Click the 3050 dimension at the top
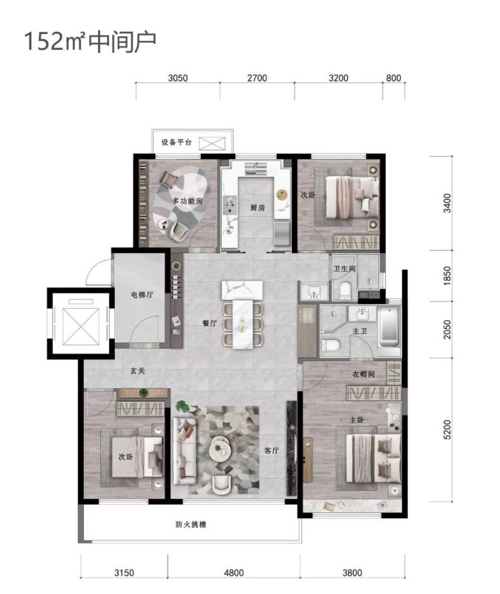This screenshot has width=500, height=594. [178, 78]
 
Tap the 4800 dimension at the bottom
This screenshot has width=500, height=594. [234, 572]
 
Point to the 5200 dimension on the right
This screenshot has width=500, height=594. [447, 430]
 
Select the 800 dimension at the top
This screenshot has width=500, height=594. [393, 78]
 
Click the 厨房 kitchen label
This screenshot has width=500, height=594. [257, 208]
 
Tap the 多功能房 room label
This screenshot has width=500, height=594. [188, 200]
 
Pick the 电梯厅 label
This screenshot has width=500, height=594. [142, 294]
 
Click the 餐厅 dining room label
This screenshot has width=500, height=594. [209, 323]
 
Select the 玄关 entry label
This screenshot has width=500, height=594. [138, 371]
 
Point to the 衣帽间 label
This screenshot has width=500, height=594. [364, 374]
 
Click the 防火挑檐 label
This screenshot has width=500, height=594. [191, 525]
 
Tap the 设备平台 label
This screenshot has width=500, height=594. [177, 142]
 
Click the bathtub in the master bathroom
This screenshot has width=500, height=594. [389, 327]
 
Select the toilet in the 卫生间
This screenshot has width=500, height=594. [345, 290]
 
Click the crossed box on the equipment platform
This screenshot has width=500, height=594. [212, 143]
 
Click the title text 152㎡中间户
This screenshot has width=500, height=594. [90, 42]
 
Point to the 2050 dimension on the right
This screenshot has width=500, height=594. [447, 330]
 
